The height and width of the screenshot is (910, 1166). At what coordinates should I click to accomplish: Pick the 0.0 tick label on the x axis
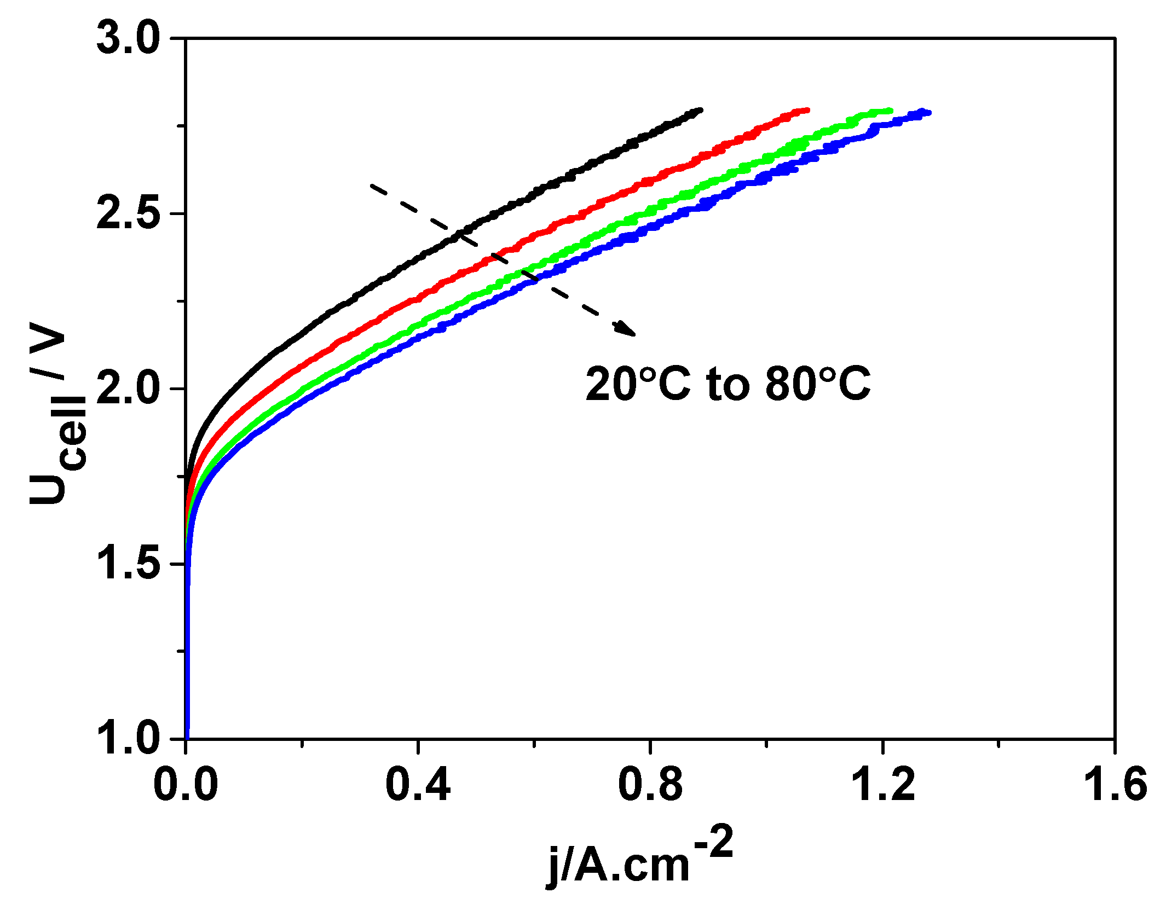pyautogui.click(x=186, y=784)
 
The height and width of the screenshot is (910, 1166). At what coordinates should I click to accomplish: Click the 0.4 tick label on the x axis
pyautogui.click(x=418, y=784)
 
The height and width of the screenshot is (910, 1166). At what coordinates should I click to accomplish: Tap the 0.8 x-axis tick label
pyautogui.click(x=650, y=784)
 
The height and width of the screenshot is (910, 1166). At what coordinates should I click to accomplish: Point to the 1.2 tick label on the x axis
pyautogui.click(x=882, y=784)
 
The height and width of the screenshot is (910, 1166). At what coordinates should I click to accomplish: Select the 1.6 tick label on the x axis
pyautogui.click(x=1115, y=784)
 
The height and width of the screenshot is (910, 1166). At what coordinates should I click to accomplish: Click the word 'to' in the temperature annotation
pyautogui.click(x=728, y=384)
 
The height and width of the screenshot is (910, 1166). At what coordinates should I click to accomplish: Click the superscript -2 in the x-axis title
pyautogui.click(x=714, y=843)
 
